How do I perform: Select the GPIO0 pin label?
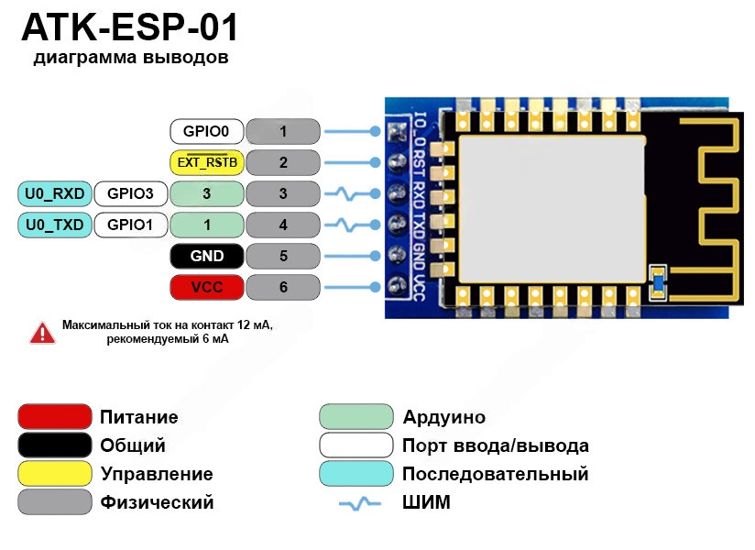tap(205, 131)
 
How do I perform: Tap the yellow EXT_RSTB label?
tap(205, 162)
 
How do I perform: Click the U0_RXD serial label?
tap(54, 193)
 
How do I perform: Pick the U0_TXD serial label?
tap(54, 225)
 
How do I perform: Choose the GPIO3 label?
tap(130, 193)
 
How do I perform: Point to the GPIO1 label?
tap(130, 225)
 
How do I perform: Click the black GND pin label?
tap(205, 256)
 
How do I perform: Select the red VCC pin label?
tap(205, 287)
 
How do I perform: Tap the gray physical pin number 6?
tap(283, 287)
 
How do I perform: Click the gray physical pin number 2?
tap(283, 162)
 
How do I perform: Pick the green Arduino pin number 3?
tap(207, 193)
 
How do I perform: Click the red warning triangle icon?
tap(42, 333)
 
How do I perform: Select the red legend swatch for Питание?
tap(55, 417)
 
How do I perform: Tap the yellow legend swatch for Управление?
tap(55, 474)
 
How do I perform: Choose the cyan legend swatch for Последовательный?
tap(356, 474)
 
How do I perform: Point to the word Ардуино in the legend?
tap(443, 417)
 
